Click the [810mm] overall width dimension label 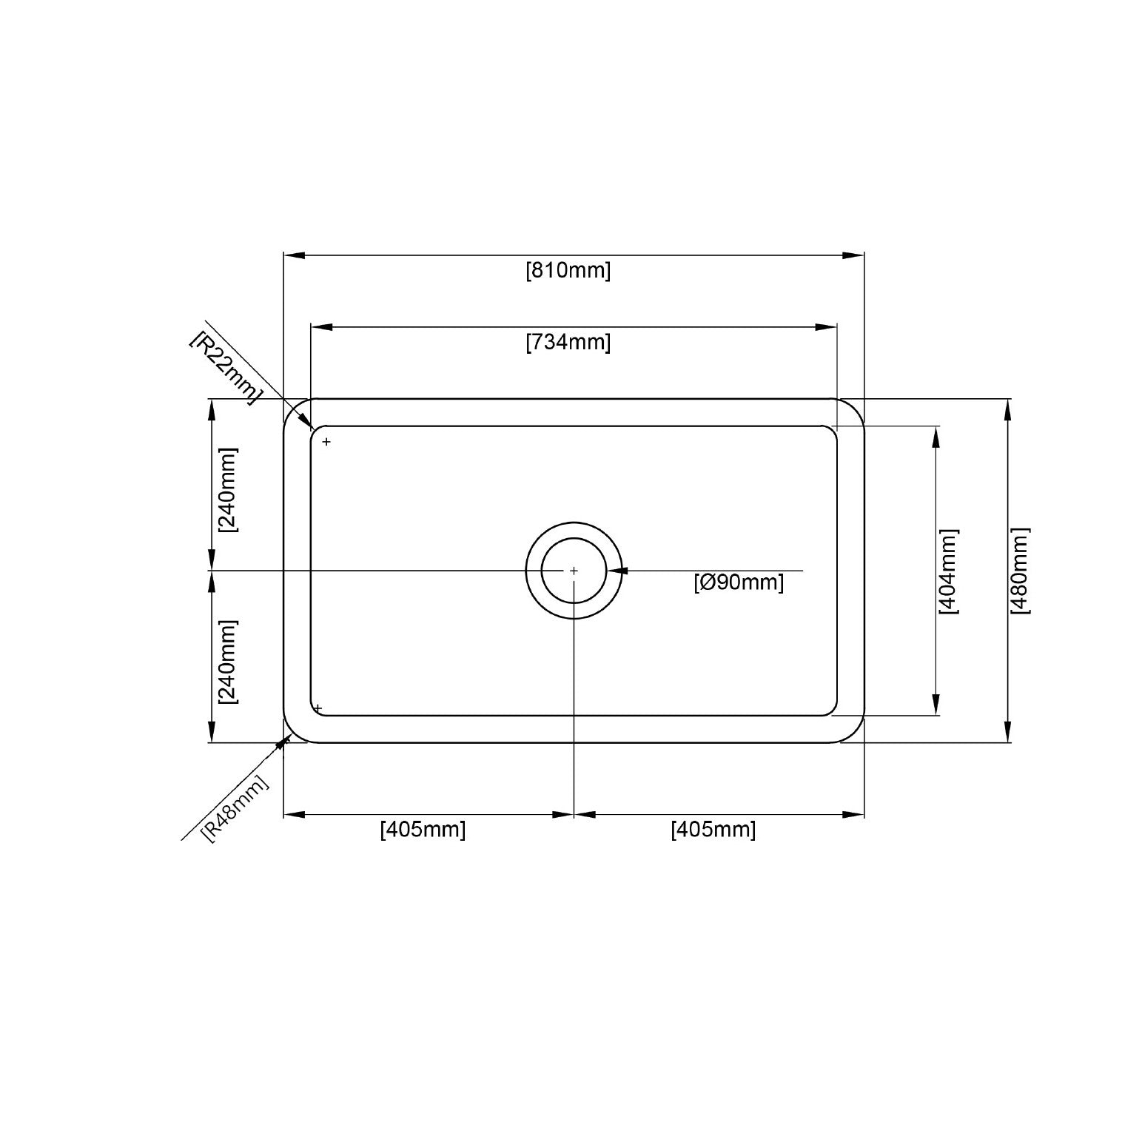[x=568, y=271]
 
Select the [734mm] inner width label [x=568, y=343]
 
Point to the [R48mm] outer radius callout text [x=235, y=808]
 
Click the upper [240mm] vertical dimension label [x=228, y=490]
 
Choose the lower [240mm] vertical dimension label [x=228, y=662]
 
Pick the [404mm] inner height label [x=948, y=571]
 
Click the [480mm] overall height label [x=1020, y=571]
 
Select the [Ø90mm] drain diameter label [x=739, y=582]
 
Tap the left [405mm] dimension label [x=423, y=830]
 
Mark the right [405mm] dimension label [x=713, y=830]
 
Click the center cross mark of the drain [x=574, y=571]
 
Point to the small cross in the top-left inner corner [x=326, y=442]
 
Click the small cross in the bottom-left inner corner [x=318, y=708]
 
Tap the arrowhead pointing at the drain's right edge [x=616, y=571]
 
